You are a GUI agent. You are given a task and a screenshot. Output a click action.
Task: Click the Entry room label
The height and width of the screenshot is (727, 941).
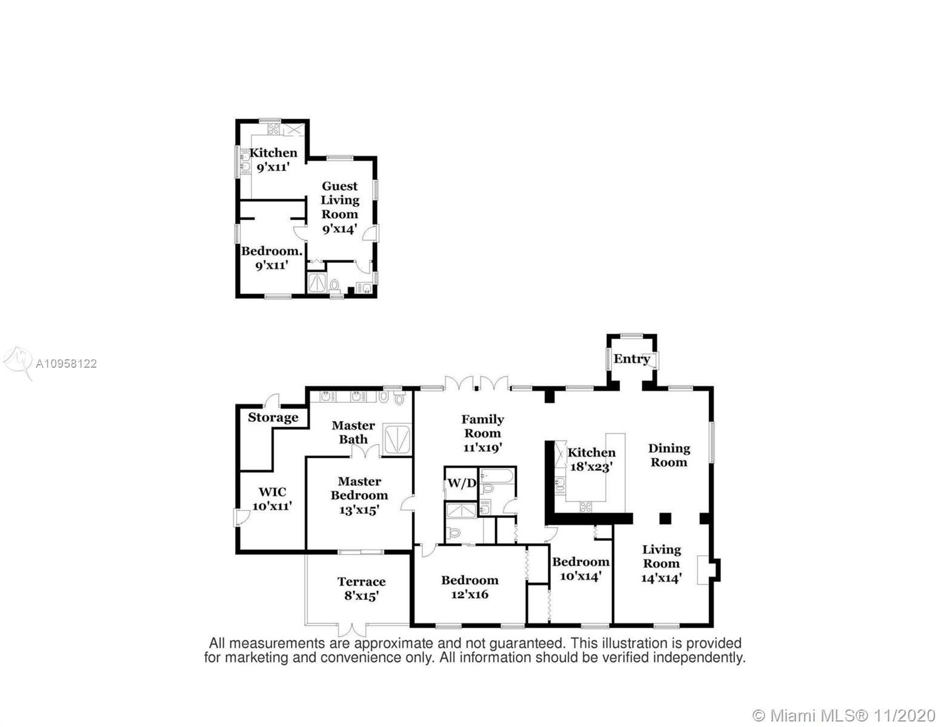pyautogui.click(x=631, y=359)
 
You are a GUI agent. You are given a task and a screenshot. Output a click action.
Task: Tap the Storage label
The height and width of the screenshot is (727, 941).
pyautogui.click(x=273, y=417)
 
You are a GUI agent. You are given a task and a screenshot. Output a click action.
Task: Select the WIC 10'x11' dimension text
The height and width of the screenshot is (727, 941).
pyautogui.click(x=272, y=506)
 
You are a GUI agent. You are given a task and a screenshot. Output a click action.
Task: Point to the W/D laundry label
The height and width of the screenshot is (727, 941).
pyautogui.click(x=461, y=483)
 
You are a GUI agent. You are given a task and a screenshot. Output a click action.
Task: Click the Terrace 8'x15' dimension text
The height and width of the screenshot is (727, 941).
pyautogui.click(x=362, y=596)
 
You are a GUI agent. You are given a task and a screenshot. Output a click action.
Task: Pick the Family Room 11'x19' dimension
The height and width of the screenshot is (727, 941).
pyautogui.click(x=482, y=447)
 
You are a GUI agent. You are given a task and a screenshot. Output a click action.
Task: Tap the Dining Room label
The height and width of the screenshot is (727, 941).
pyautogui.click(x=669, y=455)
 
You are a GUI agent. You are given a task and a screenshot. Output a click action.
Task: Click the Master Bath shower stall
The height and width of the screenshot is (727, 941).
pyautogui.click(x=397, y=439)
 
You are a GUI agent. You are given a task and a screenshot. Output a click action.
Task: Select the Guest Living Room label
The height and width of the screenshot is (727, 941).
pyautogui.click(x=340, y=200)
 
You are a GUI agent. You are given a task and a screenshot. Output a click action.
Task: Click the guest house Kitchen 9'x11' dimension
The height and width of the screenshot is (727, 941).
pyautogui.click(x=273, y=167)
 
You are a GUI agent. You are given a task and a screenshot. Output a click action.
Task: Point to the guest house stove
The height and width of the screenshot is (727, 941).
pyautogui.click(x=274, y=128)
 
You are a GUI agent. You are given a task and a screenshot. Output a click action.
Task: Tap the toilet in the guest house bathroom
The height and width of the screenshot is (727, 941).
pyautogui.click(x=334, y=286)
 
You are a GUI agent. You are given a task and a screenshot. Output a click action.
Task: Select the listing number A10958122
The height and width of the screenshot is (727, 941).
pyautogui.click(x=66, y=363)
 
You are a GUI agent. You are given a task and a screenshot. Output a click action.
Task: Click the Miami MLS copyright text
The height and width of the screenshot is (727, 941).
pyautogui.click(x=845, y=715)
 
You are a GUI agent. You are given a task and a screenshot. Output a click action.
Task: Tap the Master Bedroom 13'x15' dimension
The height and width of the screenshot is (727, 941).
pyautogui.click(x=359, y=510)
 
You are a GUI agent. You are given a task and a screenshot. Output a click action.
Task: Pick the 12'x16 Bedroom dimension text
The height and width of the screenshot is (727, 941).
pyautogui.click(x=470, y=594)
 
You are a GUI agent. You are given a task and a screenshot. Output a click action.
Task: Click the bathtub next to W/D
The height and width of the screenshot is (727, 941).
pyautogui.click(x=497, y=476)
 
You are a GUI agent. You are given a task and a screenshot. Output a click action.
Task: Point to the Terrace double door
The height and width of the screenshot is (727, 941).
pyautogui.click(x=351, y=629)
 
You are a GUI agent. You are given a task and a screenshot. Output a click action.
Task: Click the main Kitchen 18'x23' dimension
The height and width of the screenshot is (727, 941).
pyautogui.click(x=591, y=467)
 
